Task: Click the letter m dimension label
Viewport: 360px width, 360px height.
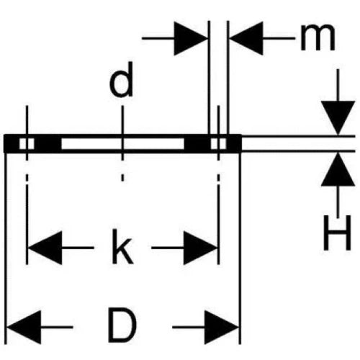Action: point(318,37)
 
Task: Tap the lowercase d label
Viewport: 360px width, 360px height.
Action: point(121,79)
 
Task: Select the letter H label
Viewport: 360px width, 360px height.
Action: point(337,233)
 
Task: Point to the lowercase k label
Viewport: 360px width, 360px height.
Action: point(122,247)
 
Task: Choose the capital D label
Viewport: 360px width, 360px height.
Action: point(122,326)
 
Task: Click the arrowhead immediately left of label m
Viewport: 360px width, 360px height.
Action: point(246,38)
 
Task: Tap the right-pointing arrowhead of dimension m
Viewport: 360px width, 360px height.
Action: point(191,38)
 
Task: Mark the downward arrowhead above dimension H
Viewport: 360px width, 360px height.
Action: point(338,118)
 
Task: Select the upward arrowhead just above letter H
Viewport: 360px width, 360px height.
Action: point(338,169)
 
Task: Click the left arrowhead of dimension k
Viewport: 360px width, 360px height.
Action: point(45,248)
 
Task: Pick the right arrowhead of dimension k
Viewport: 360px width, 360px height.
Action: point(200,248)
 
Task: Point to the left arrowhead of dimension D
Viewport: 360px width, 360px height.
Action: point(24,327)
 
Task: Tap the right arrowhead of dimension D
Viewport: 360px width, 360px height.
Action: point(222,328)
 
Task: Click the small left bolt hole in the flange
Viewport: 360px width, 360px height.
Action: point(27,144)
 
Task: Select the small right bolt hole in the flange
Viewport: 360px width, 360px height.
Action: point(218,144)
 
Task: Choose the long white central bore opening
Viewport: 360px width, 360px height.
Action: point(122,144)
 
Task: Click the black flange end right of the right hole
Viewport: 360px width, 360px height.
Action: point(234,143)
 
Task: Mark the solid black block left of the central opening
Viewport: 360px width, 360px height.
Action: point(48,144)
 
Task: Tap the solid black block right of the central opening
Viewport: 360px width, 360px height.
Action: point(197,144)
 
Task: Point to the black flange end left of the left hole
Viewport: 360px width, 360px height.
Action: point(12,143)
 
